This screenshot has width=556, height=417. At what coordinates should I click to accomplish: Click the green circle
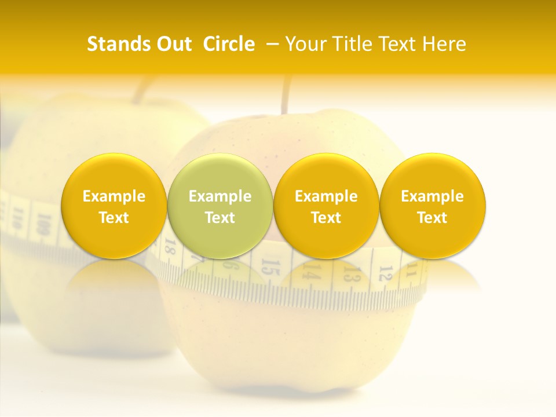coord(220,206)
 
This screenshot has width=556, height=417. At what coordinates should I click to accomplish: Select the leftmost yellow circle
coord(114,206)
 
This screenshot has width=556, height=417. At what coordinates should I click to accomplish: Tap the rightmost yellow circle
coord(432,206)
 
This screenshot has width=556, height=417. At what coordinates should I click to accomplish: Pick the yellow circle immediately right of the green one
coord(326,206)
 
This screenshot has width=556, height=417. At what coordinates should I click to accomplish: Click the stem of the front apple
coord(286,96)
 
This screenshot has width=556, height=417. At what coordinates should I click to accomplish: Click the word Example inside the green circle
coord(220,196)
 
